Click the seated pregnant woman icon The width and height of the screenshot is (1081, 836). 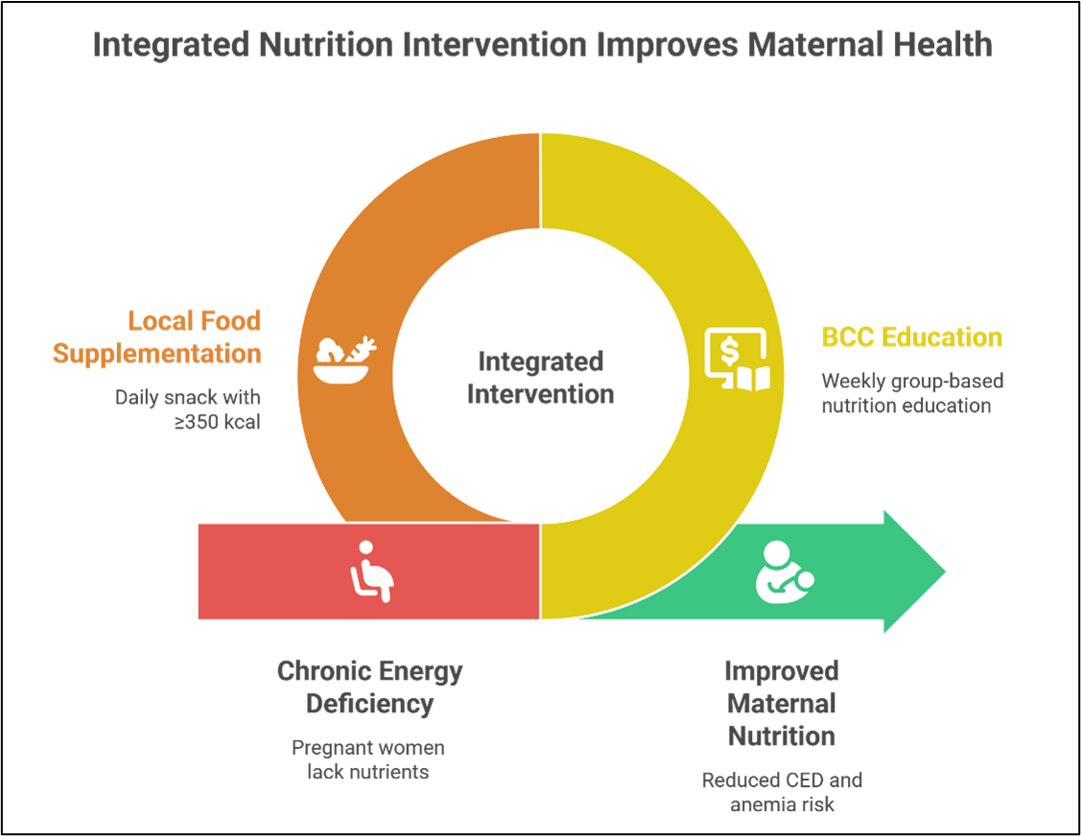coord(371,571)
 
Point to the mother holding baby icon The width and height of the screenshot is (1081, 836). coord(785,573)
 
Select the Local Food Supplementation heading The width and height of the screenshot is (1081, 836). coord(156,337)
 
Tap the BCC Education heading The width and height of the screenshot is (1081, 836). coord(911,337)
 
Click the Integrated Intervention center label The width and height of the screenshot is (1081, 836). coord(540,378)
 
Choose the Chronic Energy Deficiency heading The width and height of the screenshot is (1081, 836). coord(369,687)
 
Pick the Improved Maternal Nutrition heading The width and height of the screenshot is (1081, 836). coord(782,704)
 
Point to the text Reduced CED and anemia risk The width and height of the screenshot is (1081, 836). coord(782,792)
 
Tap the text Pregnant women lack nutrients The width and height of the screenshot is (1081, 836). coord(368,759)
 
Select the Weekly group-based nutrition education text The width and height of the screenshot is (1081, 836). coord(912,393)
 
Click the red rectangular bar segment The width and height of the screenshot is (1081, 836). coord(269,571)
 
